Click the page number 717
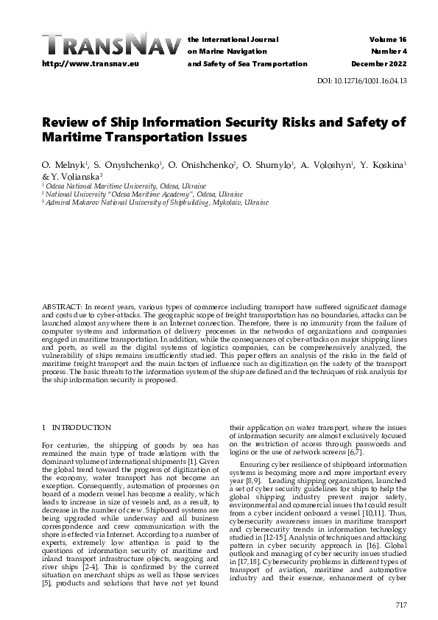tap(400, 605)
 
